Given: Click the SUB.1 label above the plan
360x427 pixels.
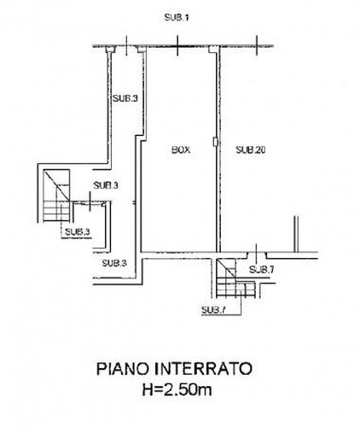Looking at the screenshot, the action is click(x=177, y=18).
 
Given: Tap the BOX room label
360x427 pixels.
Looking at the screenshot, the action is click(x=181, y=149).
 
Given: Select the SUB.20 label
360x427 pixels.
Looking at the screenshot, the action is click(x=251, y=149).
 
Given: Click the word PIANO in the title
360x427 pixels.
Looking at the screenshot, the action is click(x=124, y=369).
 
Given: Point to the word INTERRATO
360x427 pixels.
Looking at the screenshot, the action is click(x=204, y=369).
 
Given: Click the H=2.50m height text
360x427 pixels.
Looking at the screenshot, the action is click(x=177, y=389).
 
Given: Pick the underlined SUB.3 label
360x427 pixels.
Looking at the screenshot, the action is click(x=77, y=232).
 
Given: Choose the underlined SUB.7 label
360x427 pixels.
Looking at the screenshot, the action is click(x=213, y=310).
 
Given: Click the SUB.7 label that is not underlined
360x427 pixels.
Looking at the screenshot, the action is click(x=261, y=269).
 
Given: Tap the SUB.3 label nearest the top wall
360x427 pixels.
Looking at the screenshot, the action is click(x=125, y=98).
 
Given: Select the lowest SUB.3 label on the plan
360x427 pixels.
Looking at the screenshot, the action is click(x=114, y=263).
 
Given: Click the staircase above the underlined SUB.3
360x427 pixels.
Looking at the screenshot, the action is click(x=56, y=196).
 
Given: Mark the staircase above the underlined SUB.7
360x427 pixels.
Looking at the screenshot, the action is click(x=235, y=278).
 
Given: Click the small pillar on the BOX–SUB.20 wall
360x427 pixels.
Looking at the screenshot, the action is click(x=215, y=142).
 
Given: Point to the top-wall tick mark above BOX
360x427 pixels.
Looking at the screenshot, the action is click(x=177, y=45).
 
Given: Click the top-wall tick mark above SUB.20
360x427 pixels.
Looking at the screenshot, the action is click(x=257, y=45).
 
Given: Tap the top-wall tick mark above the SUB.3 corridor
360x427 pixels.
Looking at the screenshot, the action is click(x=126, y=45).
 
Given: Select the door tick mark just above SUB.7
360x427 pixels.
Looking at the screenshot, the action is click(x=256, y=253).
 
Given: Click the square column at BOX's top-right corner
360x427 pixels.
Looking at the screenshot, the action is click(x=212, y=50).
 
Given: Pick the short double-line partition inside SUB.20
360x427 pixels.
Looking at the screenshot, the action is click(x=296, y=234).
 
